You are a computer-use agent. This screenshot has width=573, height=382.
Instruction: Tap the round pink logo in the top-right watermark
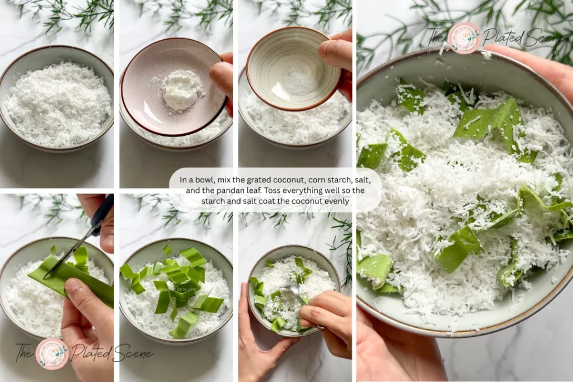tap(464, 37)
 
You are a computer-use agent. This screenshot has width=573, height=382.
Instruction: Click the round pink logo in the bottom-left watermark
tap(52, 353)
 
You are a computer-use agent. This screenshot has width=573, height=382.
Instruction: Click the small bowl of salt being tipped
tap(286, 68)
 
